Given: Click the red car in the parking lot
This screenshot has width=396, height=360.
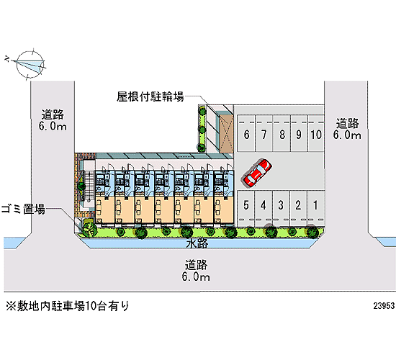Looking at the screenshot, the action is coord(257,174).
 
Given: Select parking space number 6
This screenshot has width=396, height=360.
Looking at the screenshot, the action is coord(246,134).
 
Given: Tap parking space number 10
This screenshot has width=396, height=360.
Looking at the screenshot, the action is coord(316,134).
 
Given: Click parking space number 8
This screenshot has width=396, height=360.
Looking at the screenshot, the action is coord(282,134).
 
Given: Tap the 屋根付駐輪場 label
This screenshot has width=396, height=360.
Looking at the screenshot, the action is coord(150,96).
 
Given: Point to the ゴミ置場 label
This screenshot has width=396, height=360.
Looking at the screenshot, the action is coord(23,210).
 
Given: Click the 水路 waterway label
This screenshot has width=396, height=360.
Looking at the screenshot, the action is coord(197,243).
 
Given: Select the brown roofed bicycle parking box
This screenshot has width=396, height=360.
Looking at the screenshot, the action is coord(226,134).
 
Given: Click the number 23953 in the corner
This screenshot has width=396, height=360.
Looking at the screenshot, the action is coord(384,306).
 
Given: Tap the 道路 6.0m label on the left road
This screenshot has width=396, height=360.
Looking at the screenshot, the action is coord(53,120).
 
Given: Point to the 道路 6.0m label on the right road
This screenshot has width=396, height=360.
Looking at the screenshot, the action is coord(347,129).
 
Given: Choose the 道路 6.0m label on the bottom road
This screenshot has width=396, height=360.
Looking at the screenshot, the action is coord(196,271).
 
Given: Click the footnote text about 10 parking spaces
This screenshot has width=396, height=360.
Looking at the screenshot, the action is coord(68,306).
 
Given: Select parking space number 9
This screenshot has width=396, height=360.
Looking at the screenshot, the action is coord(299,134).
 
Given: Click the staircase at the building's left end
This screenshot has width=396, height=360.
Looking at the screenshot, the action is coord(87,186).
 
